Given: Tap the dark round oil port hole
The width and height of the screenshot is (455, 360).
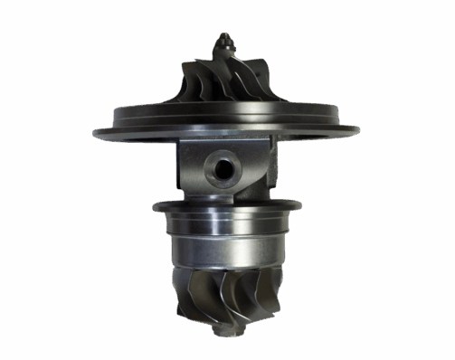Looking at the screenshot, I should pos(221,165).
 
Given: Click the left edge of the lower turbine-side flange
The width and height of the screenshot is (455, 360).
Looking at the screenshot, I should pos(157,209).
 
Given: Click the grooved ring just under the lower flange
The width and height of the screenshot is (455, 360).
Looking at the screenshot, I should pos(221,222).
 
